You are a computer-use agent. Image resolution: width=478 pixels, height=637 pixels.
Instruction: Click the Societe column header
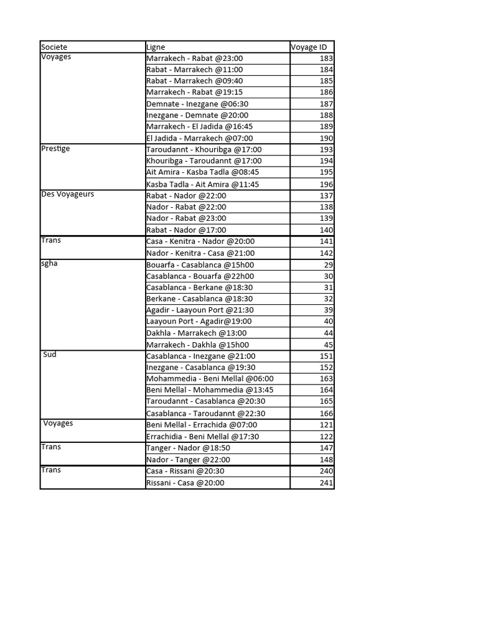pyautogui.click(x=54, y=47)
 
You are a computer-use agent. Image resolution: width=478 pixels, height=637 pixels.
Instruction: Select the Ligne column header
pyautogui.click(x=156, y=47)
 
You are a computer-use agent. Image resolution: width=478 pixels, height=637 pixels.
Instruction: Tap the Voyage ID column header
pyautogui.click(x=309, y=47)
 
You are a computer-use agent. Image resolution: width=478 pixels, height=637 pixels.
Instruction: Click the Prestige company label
pyautogui.click(x=55, y=149)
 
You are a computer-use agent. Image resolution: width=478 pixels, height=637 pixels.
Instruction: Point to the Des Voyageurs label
pyautogui.click(x=67, y=195)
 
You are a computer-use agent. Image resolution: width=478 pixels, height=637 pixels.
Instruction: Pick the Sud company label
pyautogui.click(x=51, y=355)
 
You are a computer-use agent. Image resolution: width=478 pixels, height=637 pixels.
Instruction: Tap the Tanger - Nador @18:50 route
pyautogui.click(x=188, y=448)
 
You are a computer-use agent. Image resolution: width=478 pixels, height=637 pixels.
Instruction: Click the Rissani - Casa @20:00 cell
pyautogui.click(x=185, y=483)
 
